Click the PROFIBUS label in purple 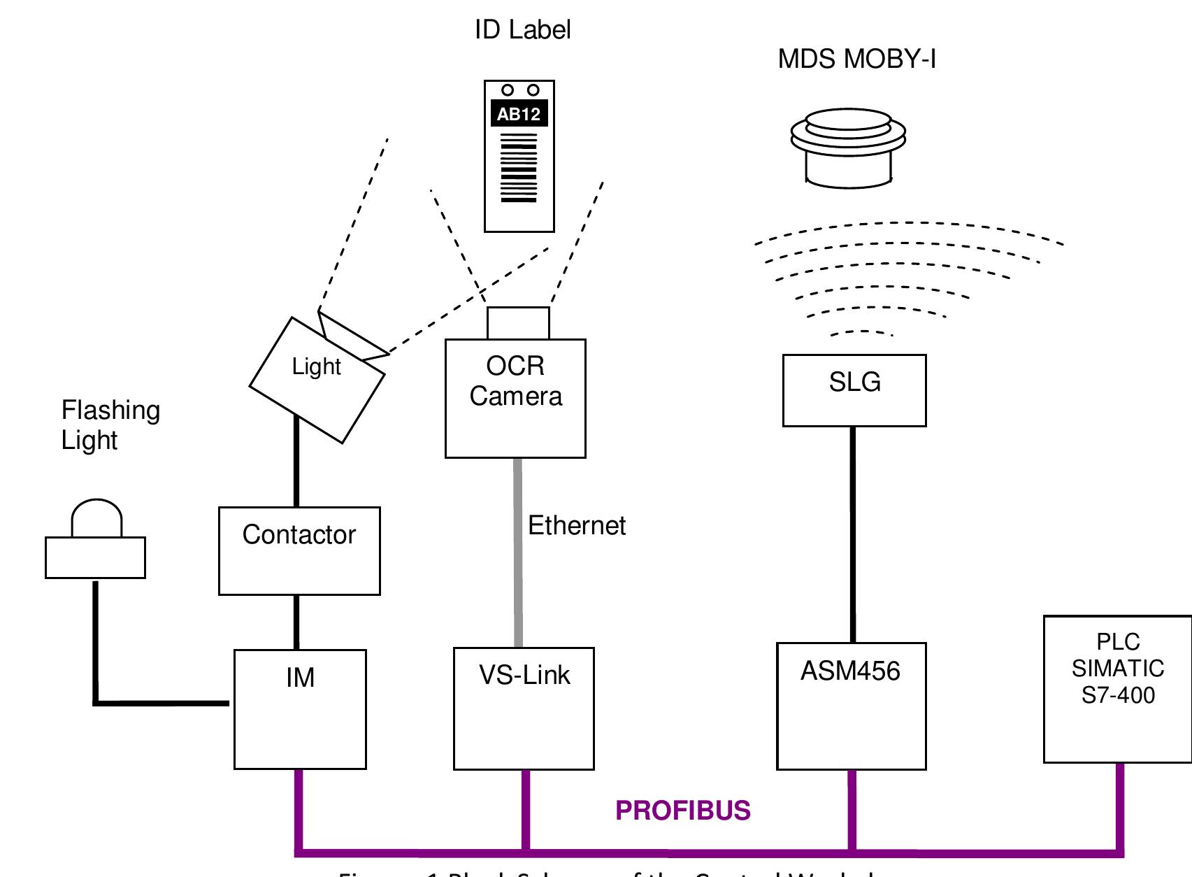[x=682, y=811]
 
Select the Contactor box [x=299, y=551]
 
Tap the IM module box [x=300, y=709]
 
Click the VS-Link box [x=524, y=708]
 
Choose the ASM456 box [x=851, y=706]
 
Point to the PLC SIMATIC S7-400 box [x=1117, y=689]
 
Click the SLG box [x=854, y=390]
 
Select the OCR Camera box [x=515, y=399]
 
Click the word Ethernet [x=576, y=526]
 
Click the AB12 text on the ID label [x=519, y=114]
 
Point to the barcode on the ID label [x=519, y=168]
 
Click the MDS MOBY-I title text [x=856, y=59]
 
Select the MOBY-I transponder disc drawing [x=849, y=147]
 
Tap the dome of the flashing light [x=96, y=519]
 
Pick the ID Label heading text [x=522, y=30]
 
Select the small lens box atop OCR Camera [x=518, y=323]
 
